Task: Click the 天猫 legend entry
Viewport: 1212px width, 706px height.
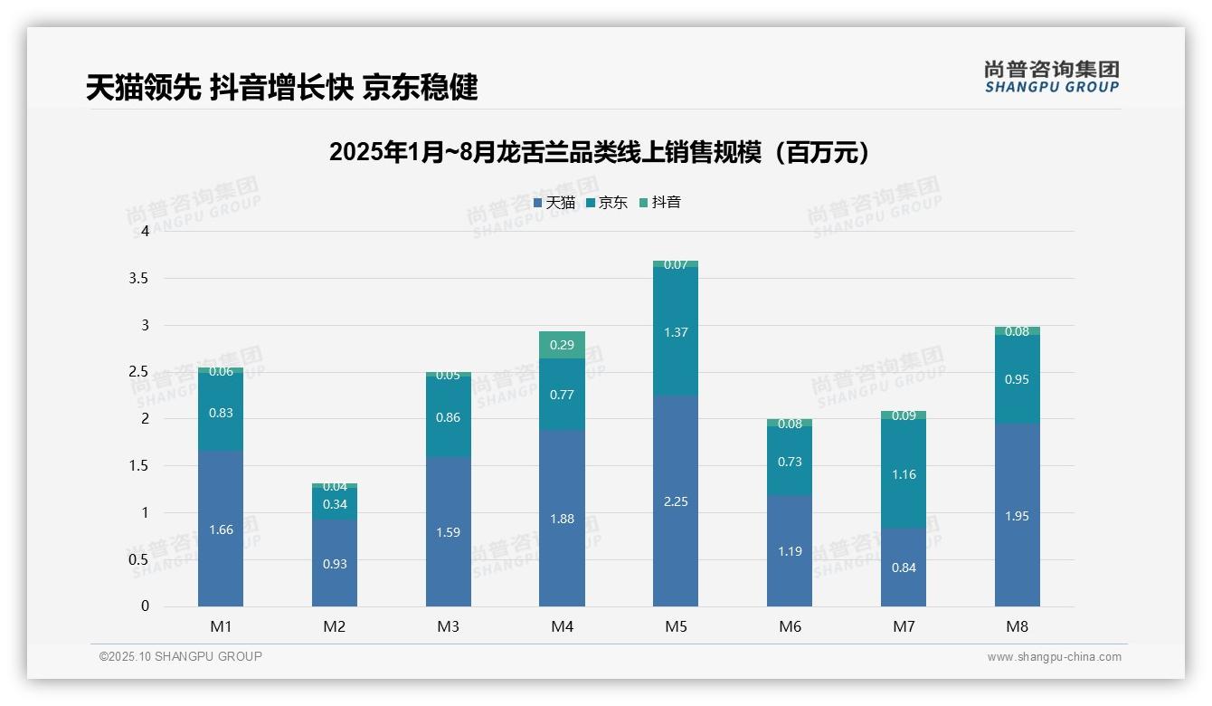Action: pos(554,203)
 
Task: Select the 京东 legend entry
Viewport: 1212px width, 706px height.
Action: pos(607,203)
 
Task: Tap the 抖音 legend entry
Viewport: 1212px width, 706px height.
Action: pos(660,203)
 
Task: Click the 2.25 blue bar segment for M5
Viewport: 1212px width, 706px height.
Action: pos(676,501)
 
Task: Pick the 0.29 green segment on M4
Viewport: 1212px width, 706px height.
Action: pos(562,345)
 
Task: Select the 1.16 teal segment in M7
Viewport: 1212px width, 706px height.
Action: pos(904,473)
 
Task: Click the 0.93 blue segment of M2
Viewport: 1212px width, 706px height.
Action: pos(335,563)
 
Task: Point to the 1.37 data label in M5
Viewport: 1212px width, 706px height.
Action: pos(676,332)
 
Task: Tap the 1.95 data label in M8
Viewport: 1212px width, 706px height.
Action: pos(1017,516)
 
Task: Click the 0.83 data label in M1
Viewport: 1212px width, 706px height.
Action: pos(221,413)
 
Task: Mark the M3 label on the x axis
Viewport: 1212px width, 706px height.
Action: pos(449,626)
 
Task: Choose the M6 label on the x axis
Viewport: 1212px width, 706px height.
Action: pos(790,626)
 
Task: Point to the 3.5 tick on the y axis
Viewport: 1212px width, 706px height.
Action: pos(138,279)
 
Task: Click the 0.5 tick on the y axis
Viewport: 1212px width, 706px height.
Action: pos(138,559)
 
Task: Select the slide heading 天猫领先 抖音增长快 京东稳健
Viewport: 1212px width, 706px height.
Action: pos(282,88)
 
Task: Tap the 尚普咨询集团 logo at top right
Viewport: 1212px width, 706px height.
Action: pos(1051,77)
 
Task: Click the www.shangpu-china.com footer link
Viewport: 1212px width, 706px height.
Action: pos(1054,657)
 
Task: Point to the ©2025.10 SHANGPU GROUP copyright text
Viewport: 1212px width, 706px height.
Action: pos(181,656)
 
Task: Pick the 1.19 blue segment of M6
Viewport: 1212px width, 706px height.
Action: pos(790,550)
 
